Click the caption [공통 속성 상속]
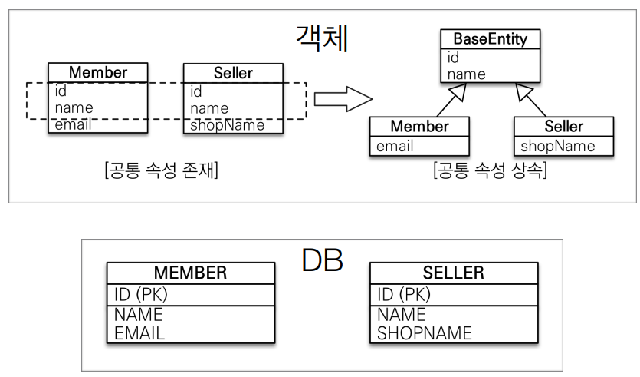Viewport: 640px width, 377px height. (490, 171)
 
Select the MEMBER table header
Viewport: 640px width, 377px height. (190, 273)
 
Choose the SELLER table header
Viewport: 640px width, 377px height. (453, 273)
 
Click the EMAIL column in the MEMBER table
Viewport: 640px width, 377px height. (139, 332)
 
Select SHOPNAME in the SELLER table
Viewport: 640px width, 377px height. (425, 332)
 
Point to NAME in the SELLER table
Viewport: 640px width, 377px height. (402, 315)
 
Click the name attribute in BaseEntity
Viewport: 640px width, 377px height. (467, 74)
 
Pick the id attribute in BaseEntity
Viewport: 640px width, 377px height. (453, 57)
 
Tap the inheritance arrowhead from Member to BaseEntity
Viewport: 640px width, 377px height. (459, 92)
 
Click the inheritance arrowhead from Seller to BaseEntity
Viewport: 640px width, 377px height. (524, 92)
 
